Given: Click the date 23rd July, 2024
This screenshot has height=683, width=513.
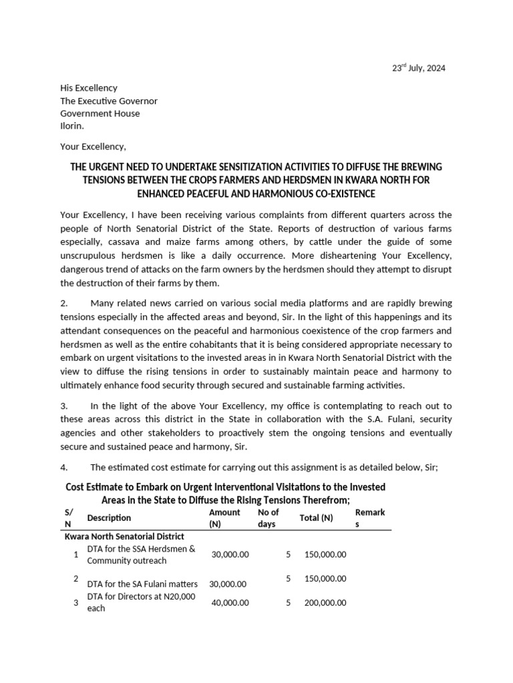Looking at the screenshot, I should pyautogui.click(x=418, y=68).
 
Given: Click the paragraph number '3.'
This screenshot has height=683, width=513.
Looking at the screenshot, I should pyautogui.click(x=64, y=406).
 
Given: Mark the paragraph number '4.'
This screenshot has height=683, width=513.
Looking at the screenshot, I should pyautogui.click(x=64, y=467).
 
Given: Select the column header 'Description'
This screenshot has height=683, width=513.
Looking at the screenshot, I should pyautogui.click(x=109, y=518).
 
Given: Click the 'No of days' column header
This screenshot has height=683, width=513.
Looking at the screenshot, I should pyautogui.click(x=268, y=518).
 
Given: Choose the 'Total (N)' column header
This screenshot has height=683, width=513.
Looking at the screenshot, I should pyautogui.click(x=316, y=518).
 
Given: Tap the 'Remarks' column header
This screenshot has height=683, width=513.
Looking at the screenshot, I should pyautogui.click(x=370, y=518).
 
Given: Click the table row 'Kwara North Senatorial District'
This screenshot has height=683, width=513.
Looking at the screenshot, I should pyautogui.click(x=124, y=536).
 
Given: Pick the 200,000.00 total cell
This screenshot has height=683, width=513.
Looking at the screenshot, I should pyautogui.click(x=325, y=602).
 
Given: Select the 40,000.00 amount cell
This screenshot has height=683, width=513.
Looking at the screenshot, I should pyautogui.click(x=230, y=602).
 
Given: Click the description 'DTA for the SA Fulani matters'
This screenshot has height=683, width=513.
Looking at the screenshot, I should pyautogui.click(x=142, y=584).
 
